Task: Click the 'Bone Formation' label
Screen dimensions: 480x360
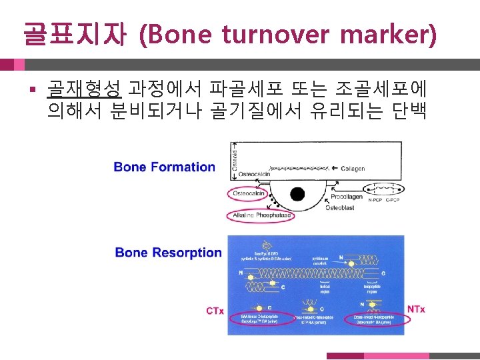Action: (165, 167)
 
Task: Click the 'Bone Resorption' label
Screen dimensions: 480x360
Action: (168, 253)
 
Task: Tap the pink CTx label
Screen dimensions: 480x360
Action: (215, 311)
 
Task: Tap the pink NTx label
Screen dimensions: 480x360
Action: (415, 309)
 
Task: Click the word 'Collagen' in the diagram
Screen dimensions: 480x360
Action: (353, 169)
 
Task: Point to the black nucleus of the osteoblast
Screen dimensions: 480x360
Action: (297, 195)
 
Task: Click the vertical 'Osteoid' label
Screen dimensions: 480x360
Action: (235, 159)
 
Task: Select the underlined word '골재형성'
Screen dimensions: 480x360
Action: (84, 88)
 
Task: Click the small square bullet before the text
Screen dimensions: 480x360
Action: (31, 88)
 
